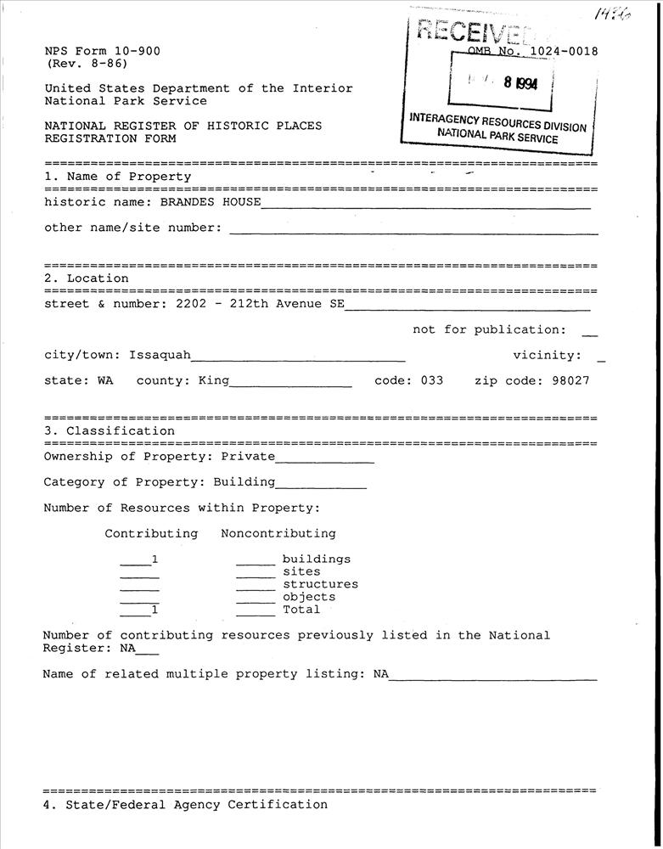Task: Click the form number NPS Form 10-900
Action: [x=102, y=51]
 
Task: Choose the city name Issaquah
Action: [x=160, y=355]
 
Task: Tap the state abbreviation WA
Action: [x=104, y=380]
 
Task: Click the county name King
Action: [x=214, y=380]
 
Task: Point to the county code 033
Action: [x=432, y=380]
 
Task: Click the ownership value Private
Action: [x=248, y=457]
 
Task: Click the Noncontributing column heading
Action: [x=278, y=534]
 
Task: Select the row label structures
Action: [x=320, y=584]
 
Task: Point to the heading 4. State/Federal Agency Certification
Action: [x=185, y=805]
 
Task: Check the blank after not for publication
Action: [x=591, y=331]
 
